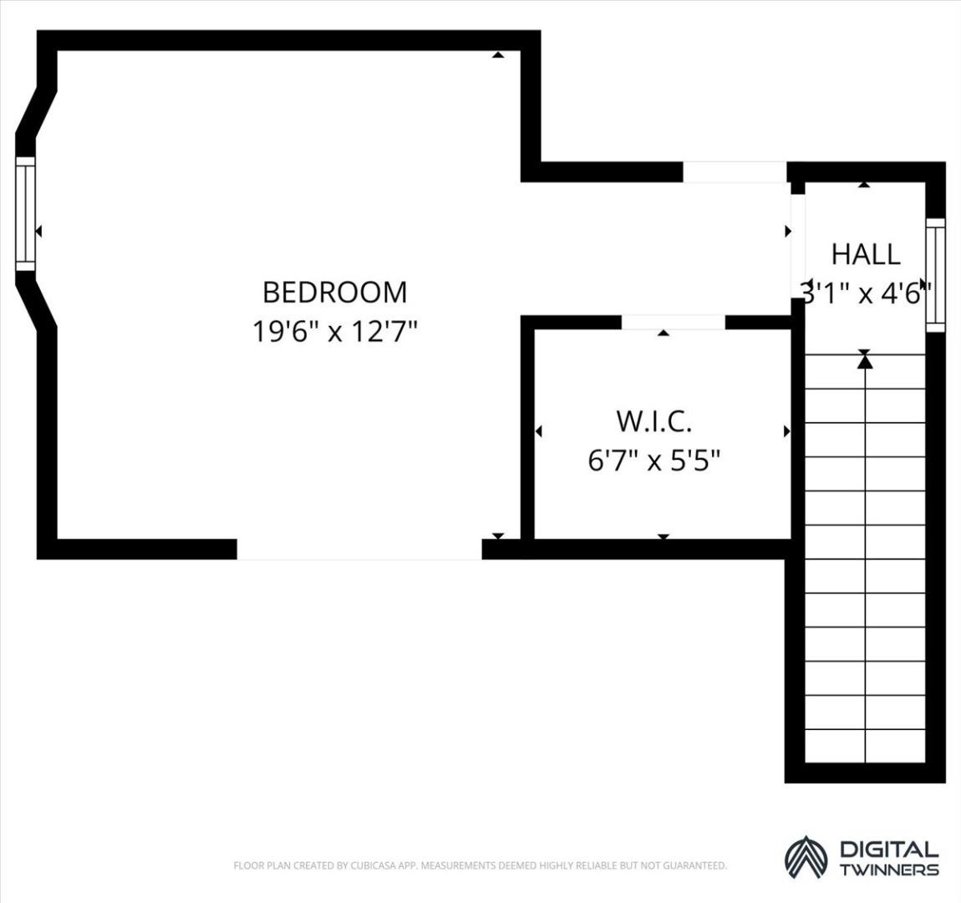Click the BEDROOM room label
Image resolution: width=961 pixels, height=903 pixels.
tap(334, 293)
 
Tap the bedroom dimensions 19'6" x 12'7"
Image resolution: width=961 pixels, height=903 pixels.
tap(334, 332)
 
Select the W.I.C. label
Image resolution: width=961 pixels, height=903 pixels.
tap(654, 421)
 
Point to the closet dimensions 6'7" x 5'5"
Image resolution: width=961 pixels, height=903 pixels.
tap(654, 460)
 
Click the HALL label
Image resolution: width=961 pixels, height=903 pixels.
tap(866, 254)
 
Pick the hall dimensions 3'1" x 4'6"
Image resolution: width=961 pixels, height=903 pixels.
tap(866, 293)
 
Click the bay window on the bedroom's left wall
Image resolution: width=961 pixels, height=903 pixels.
tap(25, 213)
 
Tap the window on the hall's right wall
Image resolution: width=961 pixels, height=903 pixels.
tap(935, 275)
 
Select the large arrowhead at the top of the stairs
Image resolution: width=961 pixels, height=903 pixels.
tap(865, 362)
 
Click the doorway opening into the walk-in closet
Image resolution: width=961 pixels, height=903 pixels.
tap(673, 322)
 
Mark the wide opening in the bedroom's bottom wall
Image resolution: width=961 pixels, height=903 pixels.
tap(359, 549)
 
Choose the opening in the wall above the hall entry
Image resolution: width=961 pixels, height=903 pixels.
tap(735, 171)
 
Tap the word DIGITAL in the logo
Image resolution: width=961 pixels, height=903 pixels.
tap(888, 849)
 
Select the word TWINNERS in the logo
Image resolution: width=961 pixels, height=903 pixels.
tap(888, 870)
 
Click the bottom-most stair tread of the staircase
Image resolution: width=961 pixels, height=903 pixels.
tap(865, 747)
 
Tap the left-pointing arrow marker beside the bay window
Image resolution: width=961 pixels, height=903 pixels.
tap(38, 231)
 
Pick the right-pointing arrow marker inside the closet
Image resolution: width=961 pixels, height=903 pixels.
tap(787, 431)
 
